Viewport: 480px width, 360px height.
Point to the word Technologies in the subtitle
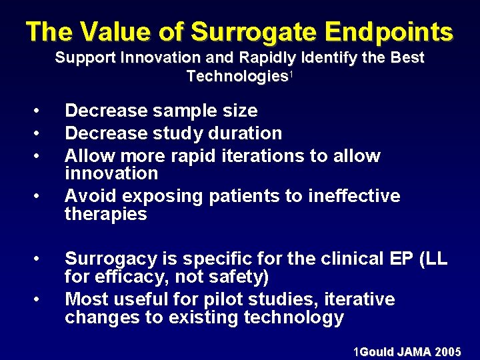tap(236, 76)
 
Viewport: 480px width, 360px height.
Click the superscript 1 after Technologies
tap(291, 73)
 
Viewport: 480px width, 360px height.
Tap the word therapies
tap(105, 214)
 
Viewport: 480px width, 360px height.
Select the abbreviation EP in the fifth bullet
tap(408, 258)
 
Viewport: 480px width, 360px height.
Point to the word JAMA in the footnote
tap(413, 351)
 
